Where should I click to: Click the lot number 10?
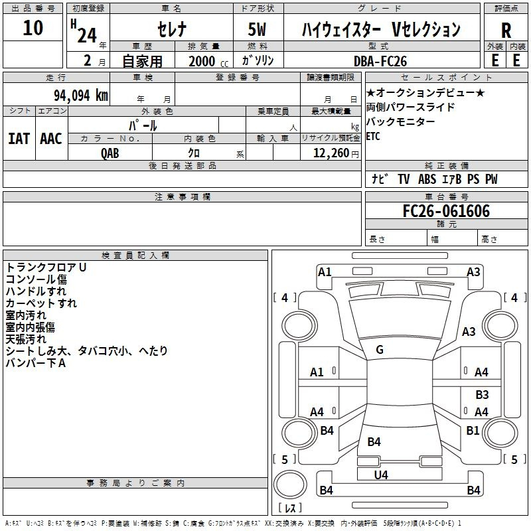point(33,28)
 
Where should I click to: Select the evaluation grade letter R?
point(506,30)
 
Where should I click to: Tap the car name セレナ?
point(171,29)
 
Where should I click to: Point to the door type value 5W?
point(259,29)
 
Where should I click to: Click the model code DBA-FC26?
point(380,61)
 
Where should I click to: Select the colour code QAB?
point(110,153)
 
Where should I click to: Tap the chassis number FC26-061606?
point(446,211)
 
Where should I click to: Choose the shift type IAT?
point(19,138)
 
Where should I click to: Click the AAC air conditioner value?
point(51,138)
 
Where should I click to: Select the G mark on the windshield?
point(380,350)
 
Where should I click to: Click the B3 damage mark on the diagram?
point(482,395)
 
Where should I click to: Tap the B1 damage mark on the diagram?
point(473,430)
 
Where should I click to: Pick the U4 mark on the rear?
point(381,475)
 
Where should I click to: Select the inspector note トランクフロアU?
point(46,267)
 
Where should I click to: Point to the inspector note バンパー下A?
point(36,363)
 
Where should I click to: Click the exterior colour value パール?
point(143,125)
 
